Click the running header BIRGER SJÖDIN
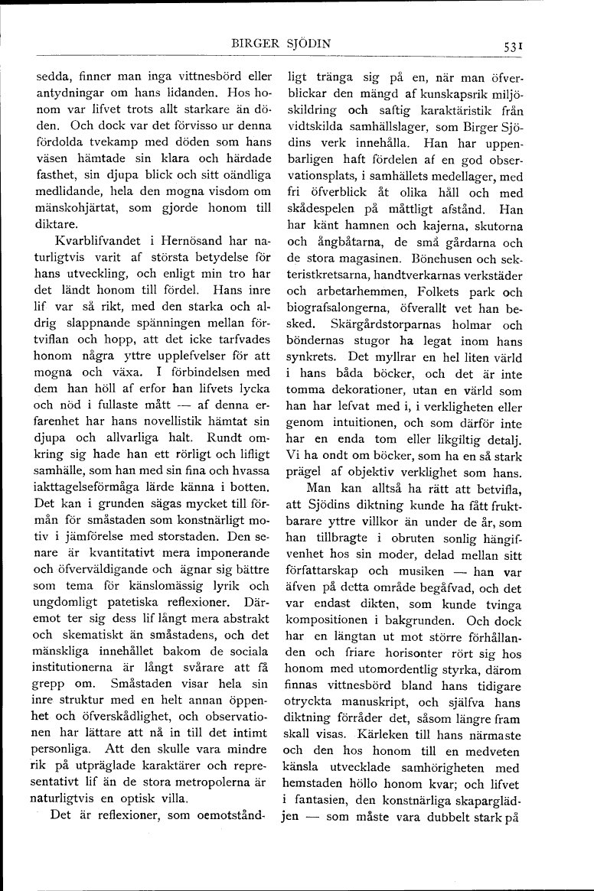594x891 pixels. click(285, 44)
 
